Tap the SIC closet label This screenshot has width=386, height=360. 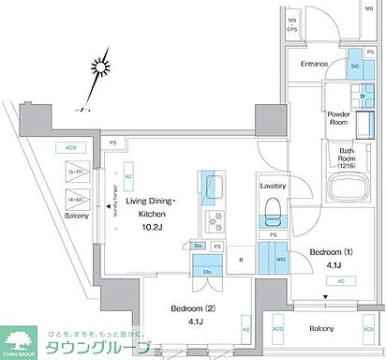355,67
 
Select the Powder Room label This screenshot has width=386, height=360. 339,119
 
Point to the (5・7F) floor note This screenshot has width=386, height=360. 75,172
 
